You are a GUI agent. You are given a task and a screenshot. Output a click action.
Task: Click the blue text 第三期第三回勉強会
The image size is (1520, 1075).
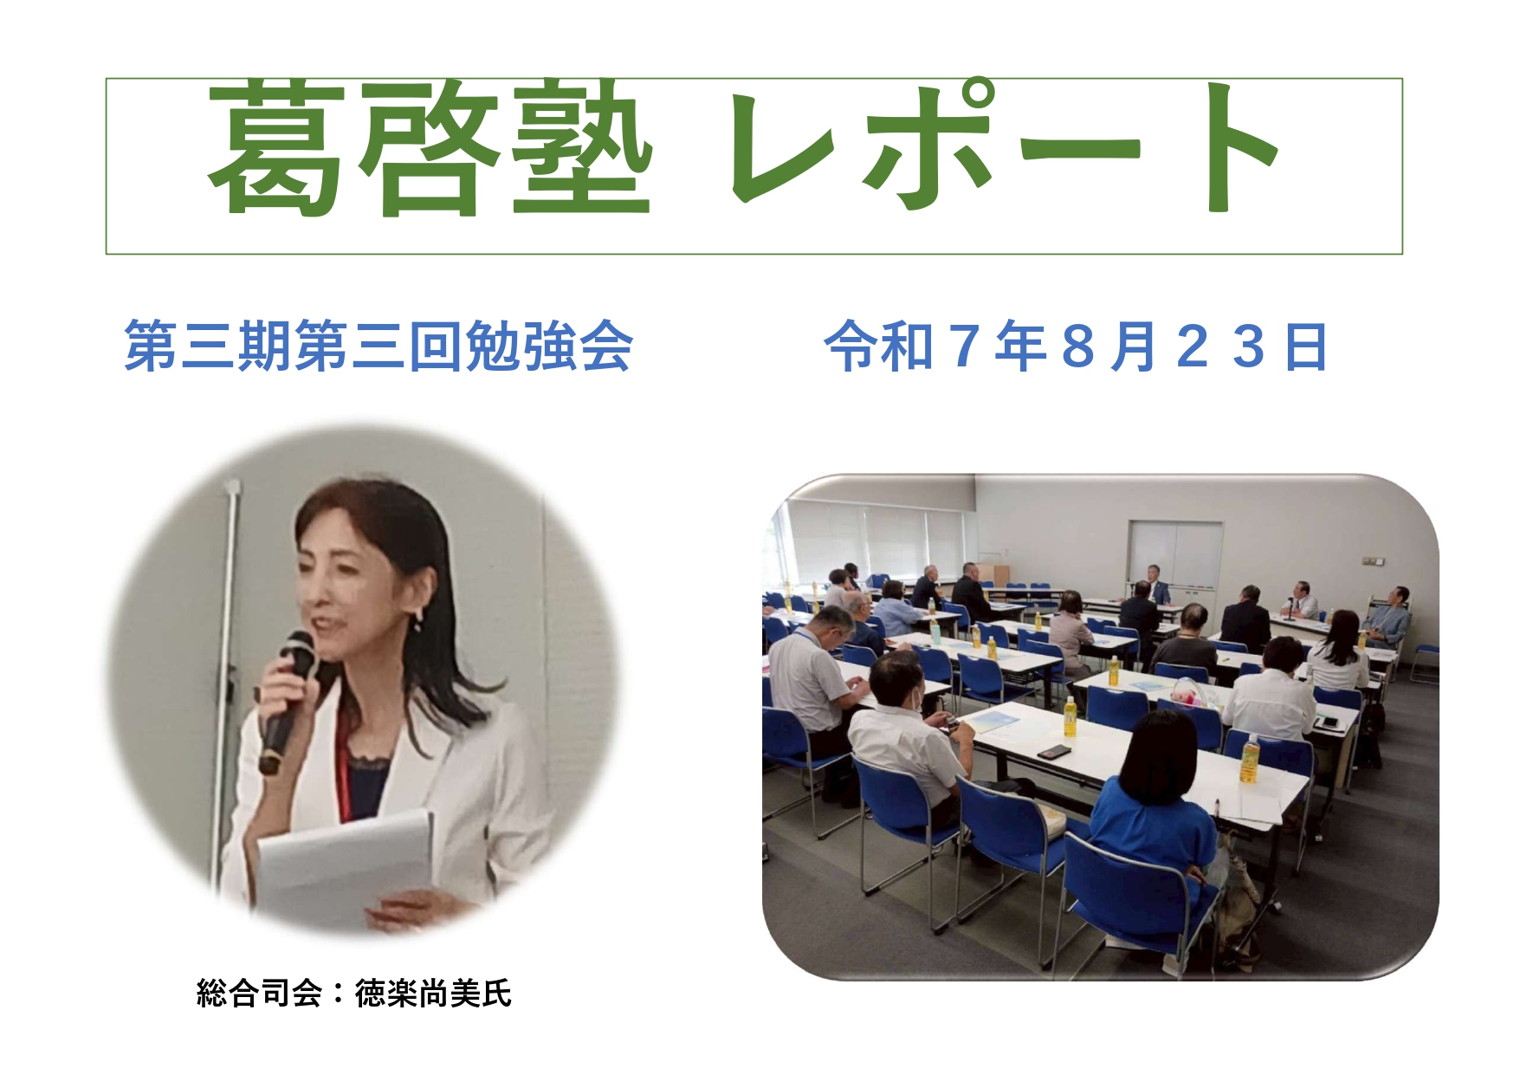(x=378, y=346)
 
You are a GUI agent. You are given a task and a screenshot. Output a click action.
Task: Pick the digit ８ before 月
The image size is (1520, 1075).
(x=1077, y=346)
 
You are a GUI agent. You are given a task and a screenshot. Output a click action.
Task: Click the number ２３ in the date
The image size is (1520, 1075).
(x=1221, y=346)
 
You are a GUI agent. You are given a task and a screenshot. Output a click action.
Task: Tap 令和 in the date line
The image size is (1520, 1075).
(x=879, y=346)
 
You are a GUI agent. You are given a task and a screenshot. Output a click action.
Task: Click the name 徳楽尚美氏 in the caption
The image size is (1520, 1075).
(x=433, y=993)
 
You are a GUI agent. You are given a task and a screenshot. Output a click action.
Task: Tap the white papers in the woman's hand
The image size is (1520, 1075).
(x=346, y=866)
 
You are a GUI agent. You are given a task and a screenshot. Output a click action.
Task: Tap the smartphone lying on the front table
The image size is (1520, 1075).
(x=1054, y=751)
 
